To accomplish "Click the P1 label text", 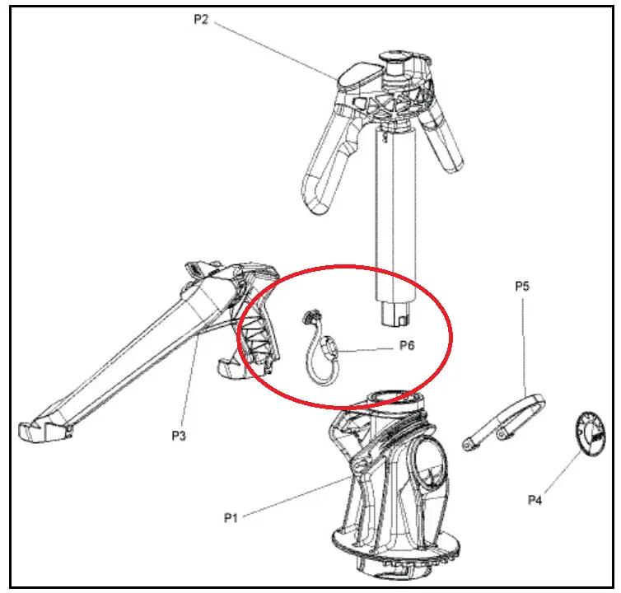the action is coord(231,518).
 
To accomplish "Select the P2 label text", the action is coord(201,20).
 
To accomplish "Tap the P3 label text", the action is coord(179,436).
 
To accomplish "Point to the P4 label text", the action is coord(535,500).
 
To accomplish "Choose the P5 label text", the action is coord(522,286).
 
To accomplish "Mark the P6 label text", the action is coord(407,345).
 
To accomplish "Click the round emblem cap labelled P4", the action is coord(591,434).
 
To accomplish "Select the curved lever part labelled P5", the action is coord(504,423).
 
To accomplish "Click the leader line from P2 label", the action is coord(277,50).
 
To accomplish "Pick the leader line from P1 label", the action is coord(297,497).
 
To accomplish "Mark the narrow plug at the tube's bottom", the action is coord(395,315).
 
